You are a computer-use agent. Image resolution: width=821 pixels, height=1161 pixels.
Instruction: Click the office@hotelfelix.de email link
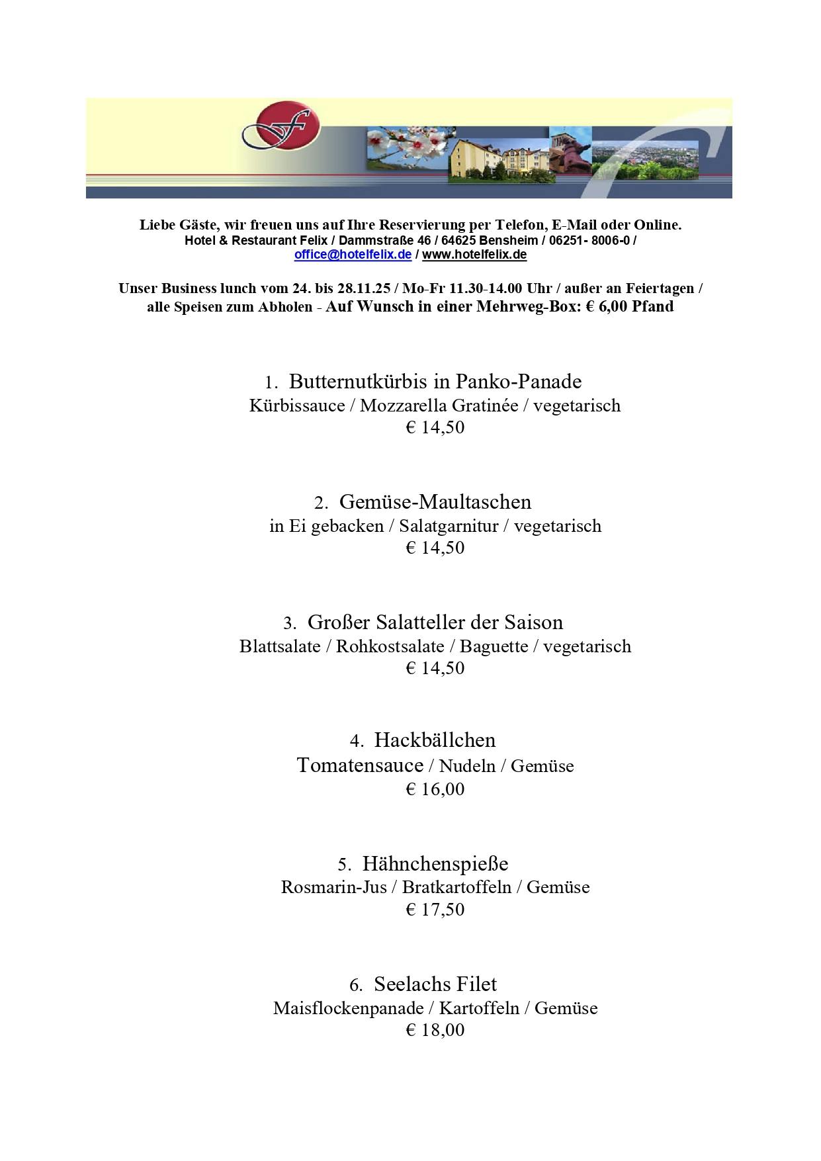pyautogui.click(x=353, y=255)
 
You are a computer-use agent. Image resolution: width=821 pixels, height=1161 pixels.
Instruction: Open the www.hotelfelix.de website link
pyautogui.click(x=474, y=255)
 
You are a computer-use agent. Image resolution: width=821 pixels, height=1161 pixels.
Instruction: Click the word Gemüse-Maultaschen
pyautogui.click(x=435, y=502)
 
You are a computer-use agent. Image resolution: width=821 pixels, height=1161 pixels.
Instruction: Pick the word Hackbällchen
pyautogui.click(x=435, y=740)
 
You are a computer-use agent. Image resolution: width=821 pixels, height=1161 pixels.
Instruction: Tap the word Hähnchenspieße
pyautogui.click(x=435, y=863)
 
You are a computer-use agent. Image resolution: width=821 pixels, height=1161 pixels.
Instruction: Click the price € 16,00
pyautogui.click(x=435, y=789)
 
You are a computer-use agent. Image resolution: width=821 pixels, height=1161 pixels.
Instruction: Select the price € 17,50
pyautogui.click(x=435, y=910)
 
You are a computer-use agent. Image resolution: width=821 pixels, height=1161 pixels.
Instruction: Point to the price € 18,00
pyautogui.click(x=435, y=1030)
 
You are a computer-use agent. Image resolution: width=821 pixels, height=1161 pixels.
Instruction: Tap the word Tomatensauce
pyautogui.click(x=360, y=765)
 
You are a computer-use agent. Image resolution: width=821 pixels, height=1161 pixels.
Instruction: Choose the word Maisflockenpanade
pyautogui.click(x=348, y=1008)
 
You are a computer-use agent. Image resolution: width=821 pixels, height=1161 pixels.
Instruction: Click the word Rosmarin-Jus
pyautogui.click(x=333, y=887)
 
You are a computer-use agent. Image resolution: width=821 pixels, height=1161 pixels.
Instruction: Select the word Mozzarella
pyautogui.click(x=404, y=406)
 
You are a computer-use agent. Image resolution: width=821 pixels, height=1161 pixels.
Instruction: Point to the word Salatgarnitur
pyautogui.click(x=449, y=527)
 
